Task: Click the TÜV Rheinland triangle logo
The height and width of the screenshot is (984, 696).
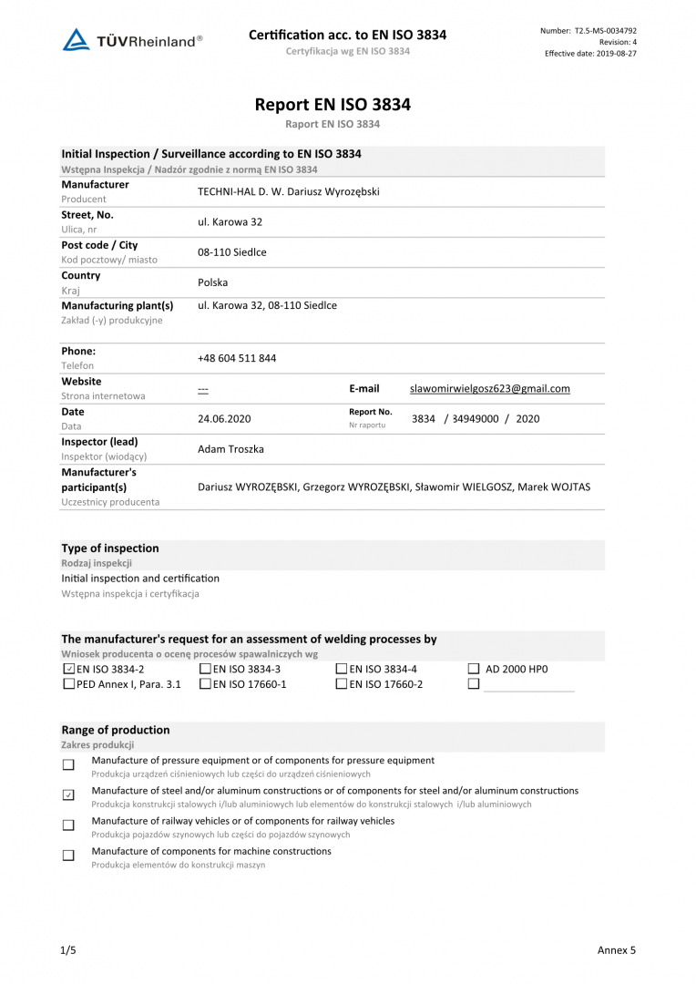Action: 77,40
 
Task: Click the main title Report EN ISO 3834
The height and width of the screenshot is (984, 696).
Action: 333,105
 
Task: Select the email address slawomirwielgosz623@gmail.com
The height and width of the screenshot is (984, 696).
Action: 490,388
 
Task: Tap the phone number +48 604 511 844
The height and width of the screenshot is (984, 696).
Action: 237,358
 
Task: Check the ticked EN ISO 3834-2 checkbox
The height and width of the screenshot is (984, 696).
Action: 69,669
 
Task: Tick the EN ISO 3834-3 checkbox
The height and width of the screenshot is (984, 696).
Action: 205,669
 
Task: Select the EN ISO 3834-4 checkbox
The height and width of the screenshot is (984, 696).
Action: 342,669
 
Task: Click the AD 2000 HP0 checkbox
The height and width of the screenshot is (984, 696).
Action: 473,669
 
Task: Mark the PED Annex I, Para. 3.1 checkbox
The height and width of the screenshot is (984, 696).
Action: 69,684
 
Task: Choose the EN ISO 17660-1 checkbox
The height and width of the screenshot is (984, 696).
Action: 205,684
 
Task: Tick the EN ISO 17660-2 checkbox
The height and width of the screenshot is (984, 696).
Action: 342,684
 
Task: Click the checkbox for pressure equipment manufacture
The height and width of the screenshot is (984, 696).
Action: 68,765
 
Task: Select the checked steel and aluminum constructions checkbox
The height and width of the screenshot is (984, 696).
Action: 68,795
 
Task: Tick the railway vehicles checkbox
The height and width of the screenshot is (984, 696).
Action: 68,825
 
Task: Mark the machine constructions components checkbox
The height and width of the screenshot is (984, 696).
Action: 68,856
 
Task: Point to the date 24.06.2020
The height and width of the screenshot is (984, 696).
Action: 224,419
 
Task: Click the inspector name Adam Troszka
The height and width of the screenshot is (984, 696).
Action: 231,449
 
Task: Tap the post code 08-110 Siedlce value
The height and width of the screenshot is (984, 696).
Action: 232,252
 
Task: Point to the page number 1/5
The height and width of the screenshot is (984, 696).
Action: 68,950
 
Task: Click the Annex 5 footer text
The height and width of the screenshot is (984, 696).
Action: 616,950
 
